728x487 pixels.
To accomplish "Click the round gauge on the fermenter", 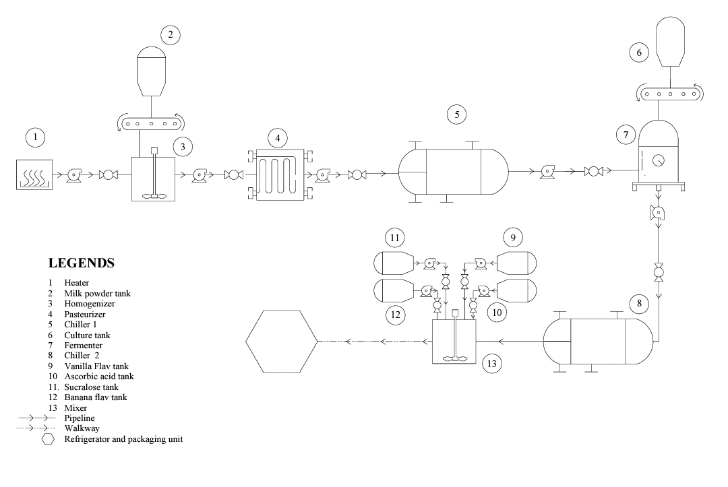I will (657, 162).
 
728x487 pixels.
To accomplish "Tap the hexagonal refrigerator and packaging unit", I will (281, 342).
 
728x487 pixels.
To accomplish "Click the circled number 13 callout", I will (493, 364).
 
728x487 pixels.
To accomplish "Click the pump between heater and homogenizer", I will (73, 176).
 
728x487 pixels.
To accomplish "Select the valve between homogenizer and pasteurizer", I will (234, 176).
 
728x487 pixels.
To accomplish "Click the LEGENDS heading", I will (82, 263).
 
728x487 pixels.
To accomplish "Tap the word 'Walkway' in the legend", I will (80, 428).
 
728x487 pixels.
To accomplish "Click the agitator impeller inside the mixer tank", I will (454, 358).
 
